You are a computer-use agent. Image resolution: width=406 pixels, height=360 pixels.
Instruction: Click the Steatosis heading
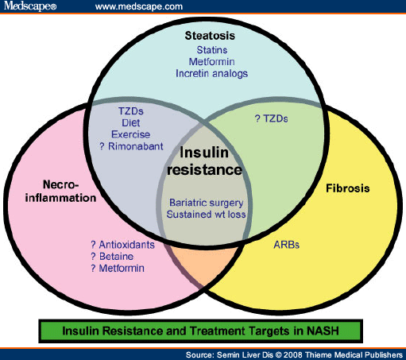point(210,36)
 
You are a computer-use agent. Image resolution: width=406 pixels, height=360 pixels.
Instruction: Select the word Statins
point(212,50)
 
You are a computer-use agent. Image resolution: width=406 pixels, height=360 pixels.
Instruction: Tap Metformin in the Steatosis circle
point(211,62)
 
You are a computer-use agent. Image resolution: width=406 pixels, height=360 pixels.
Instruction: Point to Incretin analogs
point(211,74)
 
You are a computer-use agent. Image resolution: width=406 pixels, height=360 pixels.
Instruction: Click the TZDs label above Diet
point(131,111)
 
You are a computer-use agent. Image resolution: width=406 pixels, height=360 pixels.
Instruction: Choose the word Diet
point(131,123)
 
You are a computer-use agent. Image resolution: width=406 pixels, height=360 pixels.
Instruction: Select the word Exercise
point(131,134)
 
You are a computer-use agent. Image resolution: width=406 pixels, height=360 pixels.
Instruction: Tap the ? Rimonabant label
point(131,146)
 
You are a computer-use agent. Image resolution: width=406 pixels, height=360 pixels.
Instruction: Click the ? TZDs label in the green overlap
point(271,118)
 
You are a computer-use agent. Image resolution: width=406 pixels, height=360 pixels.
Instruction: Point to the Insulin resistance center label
point(204,161)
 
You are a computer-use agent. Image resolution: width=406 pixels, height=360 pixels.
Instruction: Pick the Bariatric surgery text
point(207,203)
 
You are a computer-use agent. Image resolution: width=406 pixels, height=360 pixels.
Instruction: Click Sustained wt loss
point(206,215)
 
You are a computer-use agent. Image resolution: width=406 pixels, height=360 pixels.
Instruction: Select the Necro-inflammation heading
point(60,192)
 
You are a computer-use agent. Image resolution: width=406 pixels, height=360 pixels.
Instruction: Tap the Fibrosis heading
point(348,188)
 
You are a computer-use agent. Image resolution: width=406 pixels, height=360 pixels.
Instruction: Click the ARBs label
point(286,245)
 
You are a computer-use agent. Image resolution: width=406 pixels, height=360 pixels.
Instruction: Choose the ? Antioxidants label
point(122,245)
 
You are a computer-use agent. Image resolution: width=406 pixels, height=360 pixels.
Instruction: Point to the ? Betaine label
point(112,257)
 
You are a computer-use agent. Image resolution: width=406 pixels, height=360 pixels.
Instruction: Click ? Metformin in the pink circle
point(118,269)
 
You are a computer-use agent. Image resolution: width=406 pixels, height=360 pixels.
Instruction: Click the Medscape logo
point(30,6)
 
